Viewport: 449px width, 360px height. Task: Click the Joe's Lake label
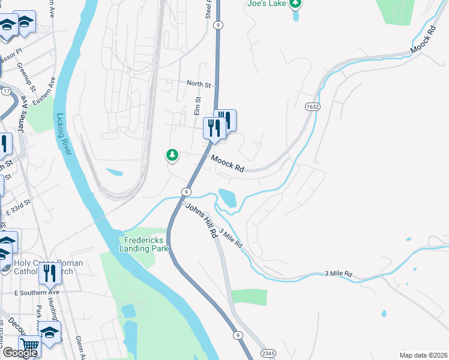click(x=267, y=3)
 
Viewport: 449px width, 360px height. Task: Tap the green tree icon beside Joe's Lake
click(x=295, y=5)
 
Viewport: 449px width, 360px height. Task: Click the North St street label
click(x=198, y=85)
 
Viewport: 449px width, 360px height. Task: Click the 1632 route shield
click(x=311, y=106)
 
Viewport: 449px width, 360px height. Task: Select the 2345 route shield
click(x=268, y=354)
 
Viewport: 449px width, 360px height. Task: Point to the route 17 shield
click(x=7, y=91)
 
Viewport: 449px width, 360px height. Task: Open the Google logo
click(x=20, y=353)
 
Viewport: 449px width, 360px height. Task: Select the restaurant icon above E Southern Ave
click(x=50, y=274)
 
